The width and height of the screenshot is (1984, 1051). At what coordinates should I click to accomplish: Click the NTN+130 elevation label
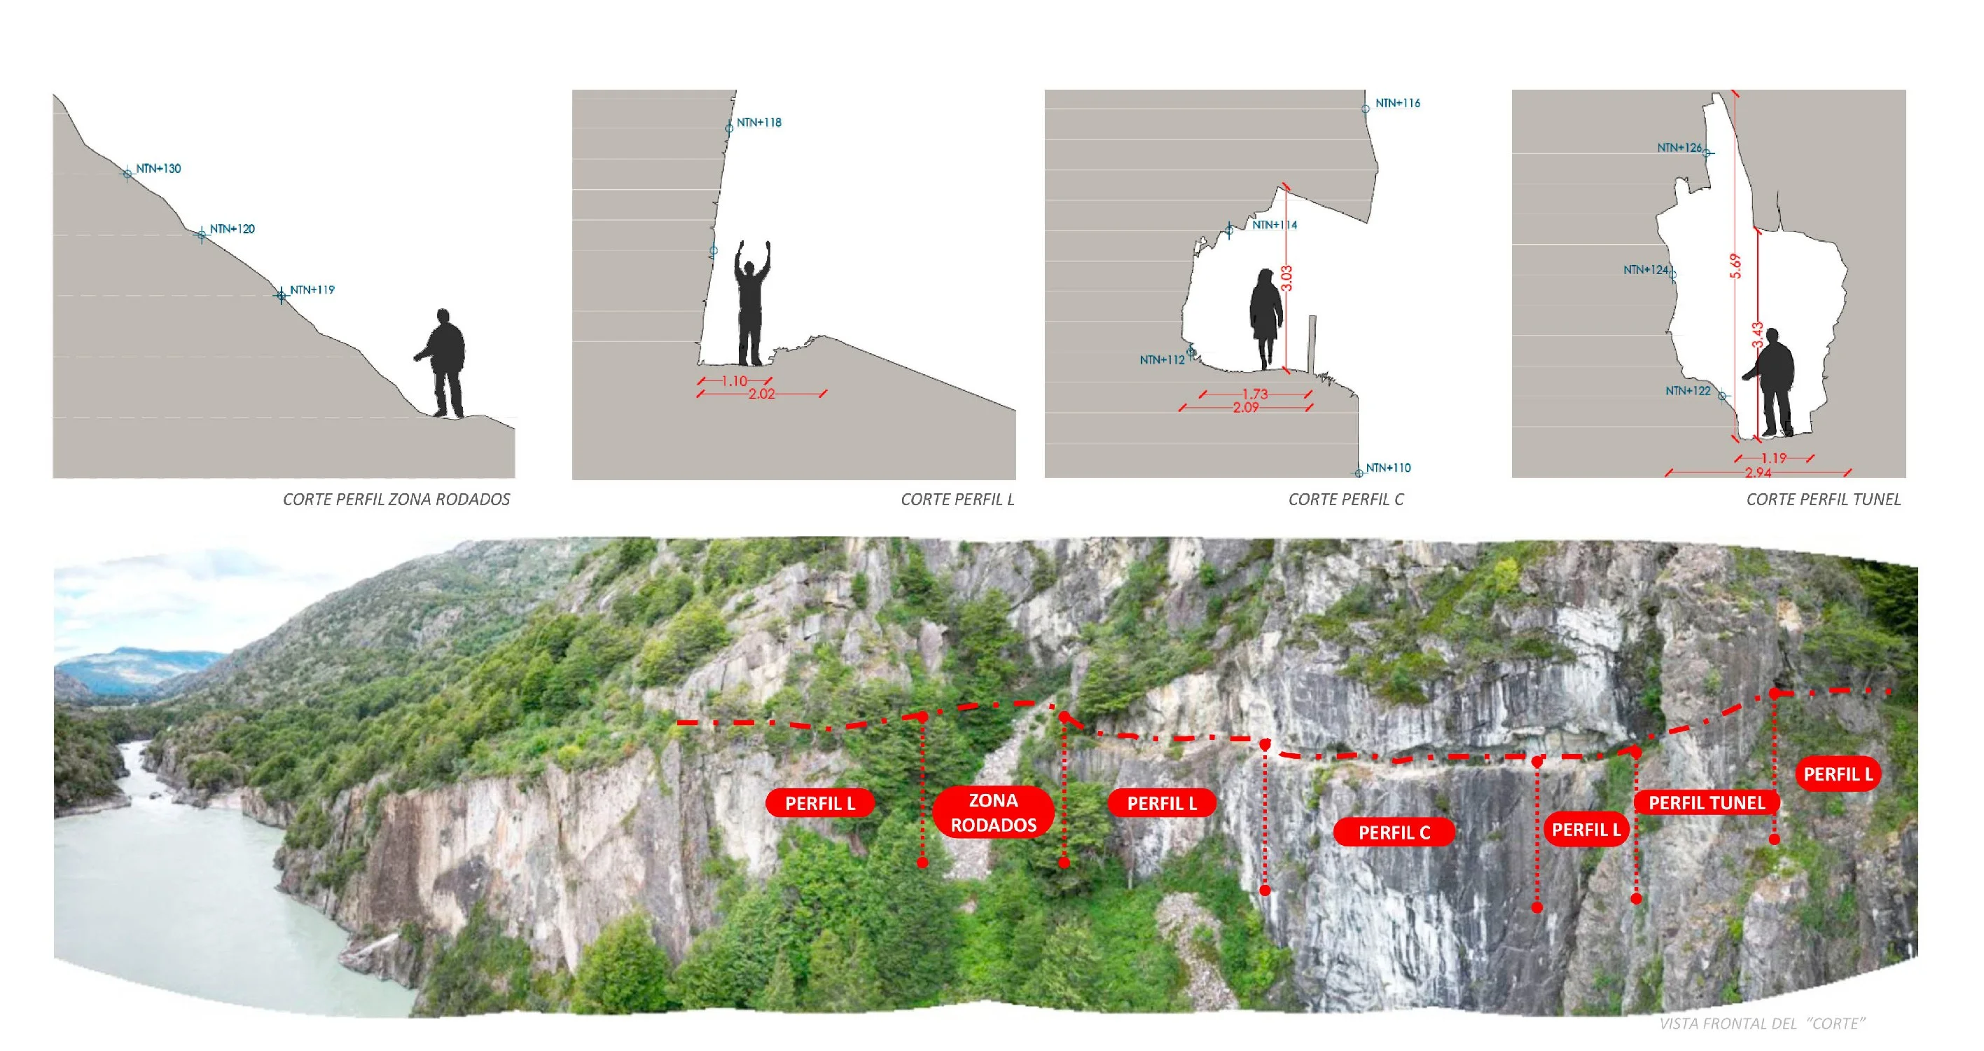[x=159, y=169]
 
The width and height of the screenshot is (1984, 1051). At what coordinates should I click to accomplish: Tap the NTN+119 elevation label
[x=312, y=289]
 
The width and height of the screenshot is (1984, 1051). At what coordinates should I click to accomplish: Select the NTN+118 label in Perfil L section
[x=758, y=123]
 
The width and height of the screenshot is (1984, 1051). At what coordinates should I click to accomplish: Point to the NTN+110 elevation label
[x=1388, y=468]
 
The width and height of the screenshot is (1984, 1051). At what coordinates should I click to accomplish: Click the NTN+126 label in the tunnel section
[x=1680, y=147]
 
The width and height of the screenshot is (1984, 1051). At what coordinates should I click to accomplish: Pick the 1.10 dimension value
[x=734, y=380]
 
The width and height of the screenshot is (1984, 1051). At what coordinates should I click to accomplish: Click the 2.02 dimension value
[x=762, y=394]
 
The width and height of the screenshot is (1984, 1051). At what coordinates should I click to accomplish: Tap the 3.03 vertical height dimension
[x=1287, y=278]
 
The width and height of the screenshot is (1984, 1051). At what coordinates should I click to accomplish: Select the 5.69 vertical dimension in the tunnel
[x=1735, y=266]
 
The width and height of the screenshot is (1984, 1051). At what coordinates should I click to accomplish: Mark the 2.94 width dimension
[x=1758, y=472]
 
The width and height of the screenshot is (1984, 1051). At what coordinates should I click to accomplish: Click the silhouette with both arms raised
[x=751, y=303]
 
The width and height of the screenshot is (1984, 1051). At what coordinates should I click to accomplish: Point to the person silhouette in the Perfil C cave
[x=1265, y=318]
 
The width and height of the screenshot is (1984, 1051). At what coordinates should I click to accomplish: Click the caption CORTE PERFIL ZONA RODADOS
[x=396, y=500]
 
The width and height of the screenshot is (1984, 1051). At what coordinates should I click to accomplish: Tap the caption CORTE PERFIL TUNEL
[x=1823, y=500]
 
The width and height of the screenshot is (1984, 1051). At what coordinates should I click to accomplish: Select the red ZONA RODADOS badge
[x=993, y=812]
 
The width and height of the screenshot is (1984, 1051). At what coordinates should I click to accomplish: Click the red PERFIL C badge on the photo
[x=1394, y=832]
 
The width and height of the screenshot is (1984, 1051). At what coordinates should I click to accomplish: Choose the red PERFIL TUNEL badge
[x=1707, y=803]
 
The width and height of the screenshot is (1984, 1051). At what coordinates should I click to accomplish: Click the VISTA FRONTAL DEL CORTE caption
[x=1762, y=1023]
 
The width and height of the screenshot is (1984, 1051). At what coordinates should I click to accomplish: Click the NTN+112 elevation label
[x=1163, y=360]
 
